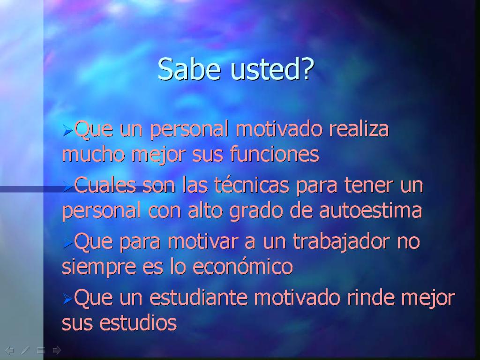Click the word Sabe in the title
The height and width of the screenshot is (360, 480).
click(189, 69)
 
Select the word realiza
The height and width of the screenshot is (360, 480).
click(359, 128)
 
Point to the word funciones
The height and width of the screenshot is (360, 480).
click(274, 154)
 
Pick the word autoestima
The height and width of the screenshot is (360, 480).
click(370, 210)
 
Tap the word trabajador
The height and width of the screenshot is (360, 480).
click(341, 241)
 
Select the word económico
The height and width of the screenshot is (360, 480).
click(242, 266)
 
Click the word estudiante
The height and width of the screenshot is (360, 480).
click(198, 298)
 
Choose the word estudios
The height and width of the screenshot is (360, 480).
click(138, 322)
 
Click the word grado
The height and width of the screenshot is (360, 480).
click(256, 211)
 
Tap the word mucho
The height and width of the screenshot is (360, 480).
click(94, 154)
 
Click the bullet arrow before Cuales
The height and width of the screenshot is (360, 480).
click(67, 187)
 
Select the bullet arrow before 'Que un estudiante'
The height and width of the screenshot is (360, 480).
click(67, 299)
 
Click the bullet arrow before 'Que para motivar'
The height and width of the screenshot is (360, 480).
click(67, 243)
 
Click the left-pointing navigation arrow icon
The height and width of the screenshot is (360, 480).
click(9, 350)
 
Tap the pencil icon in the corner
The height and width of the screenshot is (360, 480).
click(25, 350)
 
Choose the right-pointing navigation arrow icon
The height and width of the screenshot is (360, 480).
click(57, 350)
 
